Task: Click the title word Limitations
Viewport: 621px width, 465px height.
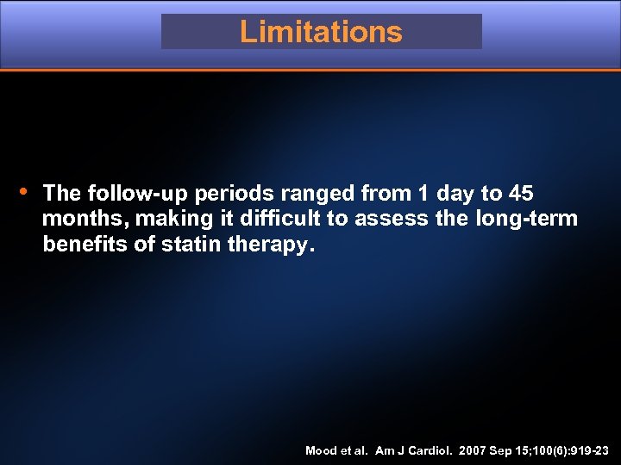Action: (x=321, y=32)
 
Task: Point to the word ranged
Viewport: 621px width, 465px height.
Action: (x=318, y=193)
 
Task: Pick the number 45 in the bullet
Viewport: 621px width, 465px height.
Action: (x=521, y=193)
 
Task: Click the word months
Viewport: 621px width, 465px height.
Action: (x=77, y=219)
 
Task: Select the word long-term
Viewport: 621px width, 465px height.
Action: (x=526, y=219)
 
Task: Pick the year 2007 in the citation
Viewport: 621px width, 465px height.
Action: (x=474, y=450)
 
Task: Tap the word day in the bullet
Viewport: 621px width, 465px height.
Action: (x=455, y=193)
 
